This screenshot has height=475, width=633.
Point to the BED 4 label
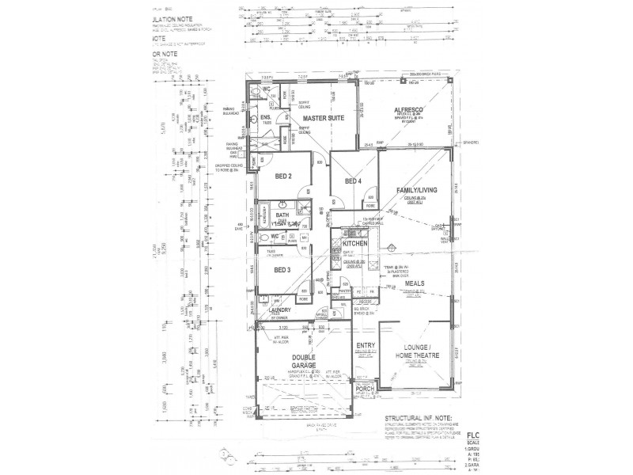[353, 181]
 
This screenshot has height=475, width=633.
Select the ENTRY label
[365, 345]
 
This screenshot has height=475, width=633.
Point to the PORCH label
[365, 389]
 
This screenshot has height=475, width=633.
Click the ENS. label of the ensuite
[266, 118]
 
